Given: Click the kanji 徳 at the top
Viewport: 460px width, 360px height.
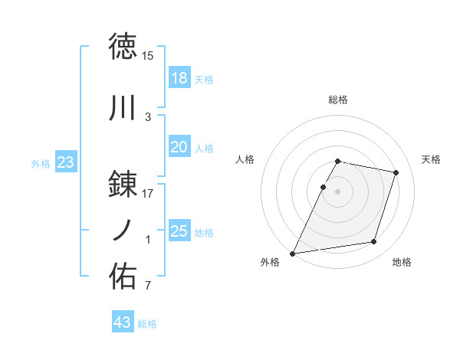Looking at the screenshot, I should [x=123, y=47].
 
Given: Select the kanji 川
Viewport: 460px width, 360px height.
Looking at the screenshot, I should [x=123, y=108].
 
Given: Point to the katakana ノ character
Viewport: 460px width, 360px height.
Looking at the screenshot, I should [x=123, y=229].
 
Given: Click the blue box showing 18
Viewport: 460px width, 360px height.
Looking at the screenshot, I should [x=179, y=78].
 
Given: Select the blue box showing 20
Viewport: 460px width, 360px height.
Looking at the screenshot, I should [x=179, y=147].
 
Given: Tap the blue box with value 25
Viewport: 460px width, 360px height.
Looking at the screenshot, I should [x=179, y=231].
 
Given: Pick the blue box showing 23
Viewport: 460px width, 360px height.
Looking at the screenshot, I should [x=65, y=162].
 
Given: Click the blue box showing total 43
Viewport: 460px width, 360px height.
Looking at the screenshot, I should [x=123, y=322].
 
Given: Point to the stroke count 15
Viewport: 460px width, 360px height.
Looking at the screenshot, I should [x=148, y=56].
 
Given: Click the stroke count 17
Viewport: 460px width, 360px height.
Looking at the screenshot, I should [x=148, y=194].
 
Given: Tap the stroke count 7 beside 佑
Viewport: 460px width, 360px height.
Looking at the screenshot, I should [x=148, y=286].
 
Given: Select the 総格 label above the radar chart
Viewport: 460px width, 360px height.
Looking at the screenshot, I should [x=338, y=100].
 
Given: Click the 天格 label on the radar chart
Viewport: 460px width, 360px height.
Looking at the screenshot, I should [x=432, y=159].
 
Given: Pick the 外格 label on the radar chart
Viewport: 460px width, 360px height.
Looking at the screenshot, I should [x=270, y=263].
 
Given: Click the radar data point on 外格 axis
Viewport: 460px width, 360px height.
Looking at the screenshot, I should [x=292, y=254].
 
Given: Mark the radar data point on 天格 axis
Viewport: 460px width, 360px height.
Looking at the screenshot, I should [x=396, y=173].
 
